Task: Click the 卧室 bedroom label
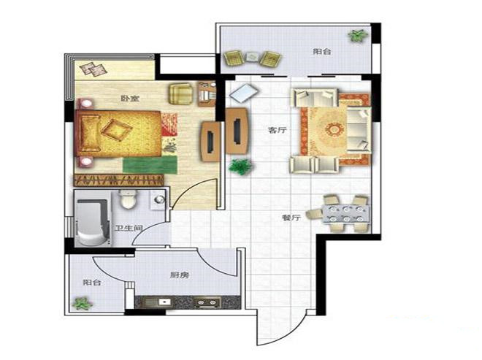point(130,99)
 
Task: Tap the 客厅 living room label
point(278,130)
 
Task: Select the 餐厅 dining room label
point(291,218)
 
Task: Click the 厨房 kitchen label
point(180,275)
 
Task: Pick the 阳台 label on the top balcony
point(322,51)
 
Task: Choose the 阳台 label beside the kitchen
point(92,282)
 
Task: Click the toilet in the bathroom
point(129,199)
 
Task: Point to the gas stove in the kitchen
point(207,302)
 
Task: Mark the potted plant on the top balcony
point(358,35)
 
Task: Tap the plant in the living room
point(241,167)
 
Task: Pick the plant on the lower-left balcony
point(82,304)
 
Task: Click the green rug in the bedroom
point(150,164)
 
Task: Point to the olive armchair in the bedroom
point(181,94)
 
